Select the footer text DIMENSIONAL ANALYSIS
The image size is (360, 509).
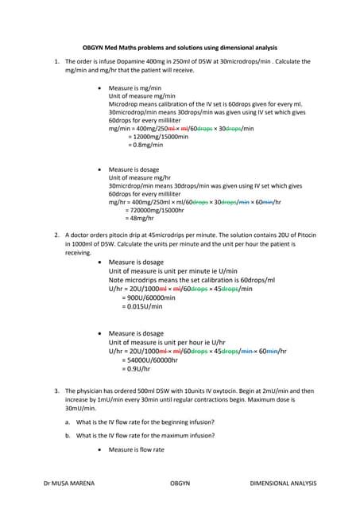coord(283,483)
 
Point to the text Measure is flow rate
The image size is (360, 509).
coord(136,450)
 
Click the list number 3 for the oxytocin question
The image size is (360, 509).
coord(56,391)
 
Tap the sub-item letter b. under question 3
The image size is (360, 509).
coord(67,435)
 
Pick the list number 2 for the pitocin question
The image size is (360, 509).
coord(56,235)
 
